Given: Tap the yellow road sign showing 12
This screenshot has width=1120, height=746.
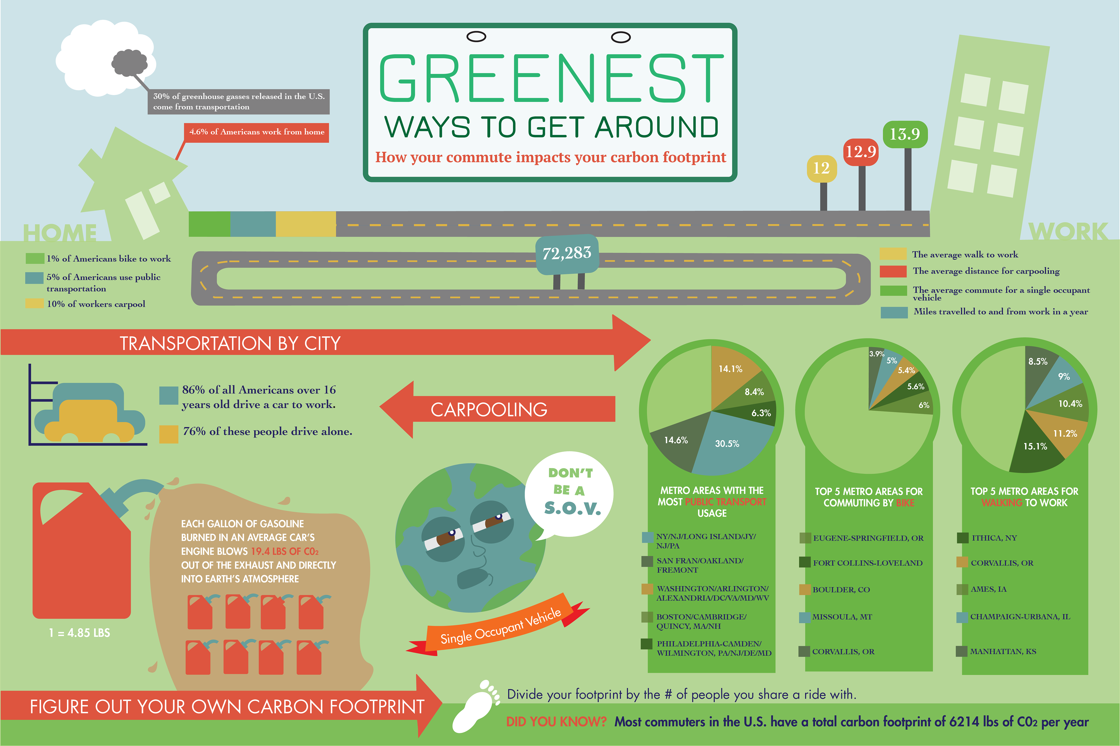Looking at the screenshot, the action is click(x=822, y=168).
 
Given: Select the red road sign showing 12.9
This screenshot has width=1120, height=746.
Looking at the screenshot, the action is click(x=861, y=152).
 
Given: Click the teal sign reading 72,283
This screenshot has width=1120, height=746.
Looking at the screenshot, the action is click(x=567, y=254).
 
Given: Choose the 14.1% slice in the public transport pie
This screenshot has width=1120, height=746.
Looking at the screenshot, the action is click(x=733, y=376).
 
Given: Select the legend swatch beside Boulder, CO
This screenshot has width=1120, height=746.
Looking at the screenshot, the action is click(x=805, y=589).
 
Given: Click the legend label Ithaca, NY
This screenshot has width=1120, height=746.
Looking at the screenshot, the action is click(x=994, y=538).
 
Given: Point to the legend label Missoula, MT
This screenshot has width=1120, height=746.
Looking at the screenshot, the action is click(x=842, y=617).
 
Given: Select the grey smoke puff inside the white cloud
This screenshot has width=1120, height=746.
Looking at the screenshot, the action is click(x=129, y=63).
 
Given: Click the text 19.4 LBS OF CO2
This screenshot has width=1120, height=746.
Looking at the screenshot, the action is click(x=285, y=552).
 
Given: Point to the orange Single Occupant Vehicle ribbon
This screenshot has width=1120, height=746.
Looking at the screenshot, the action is click(x=500, y=626).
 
